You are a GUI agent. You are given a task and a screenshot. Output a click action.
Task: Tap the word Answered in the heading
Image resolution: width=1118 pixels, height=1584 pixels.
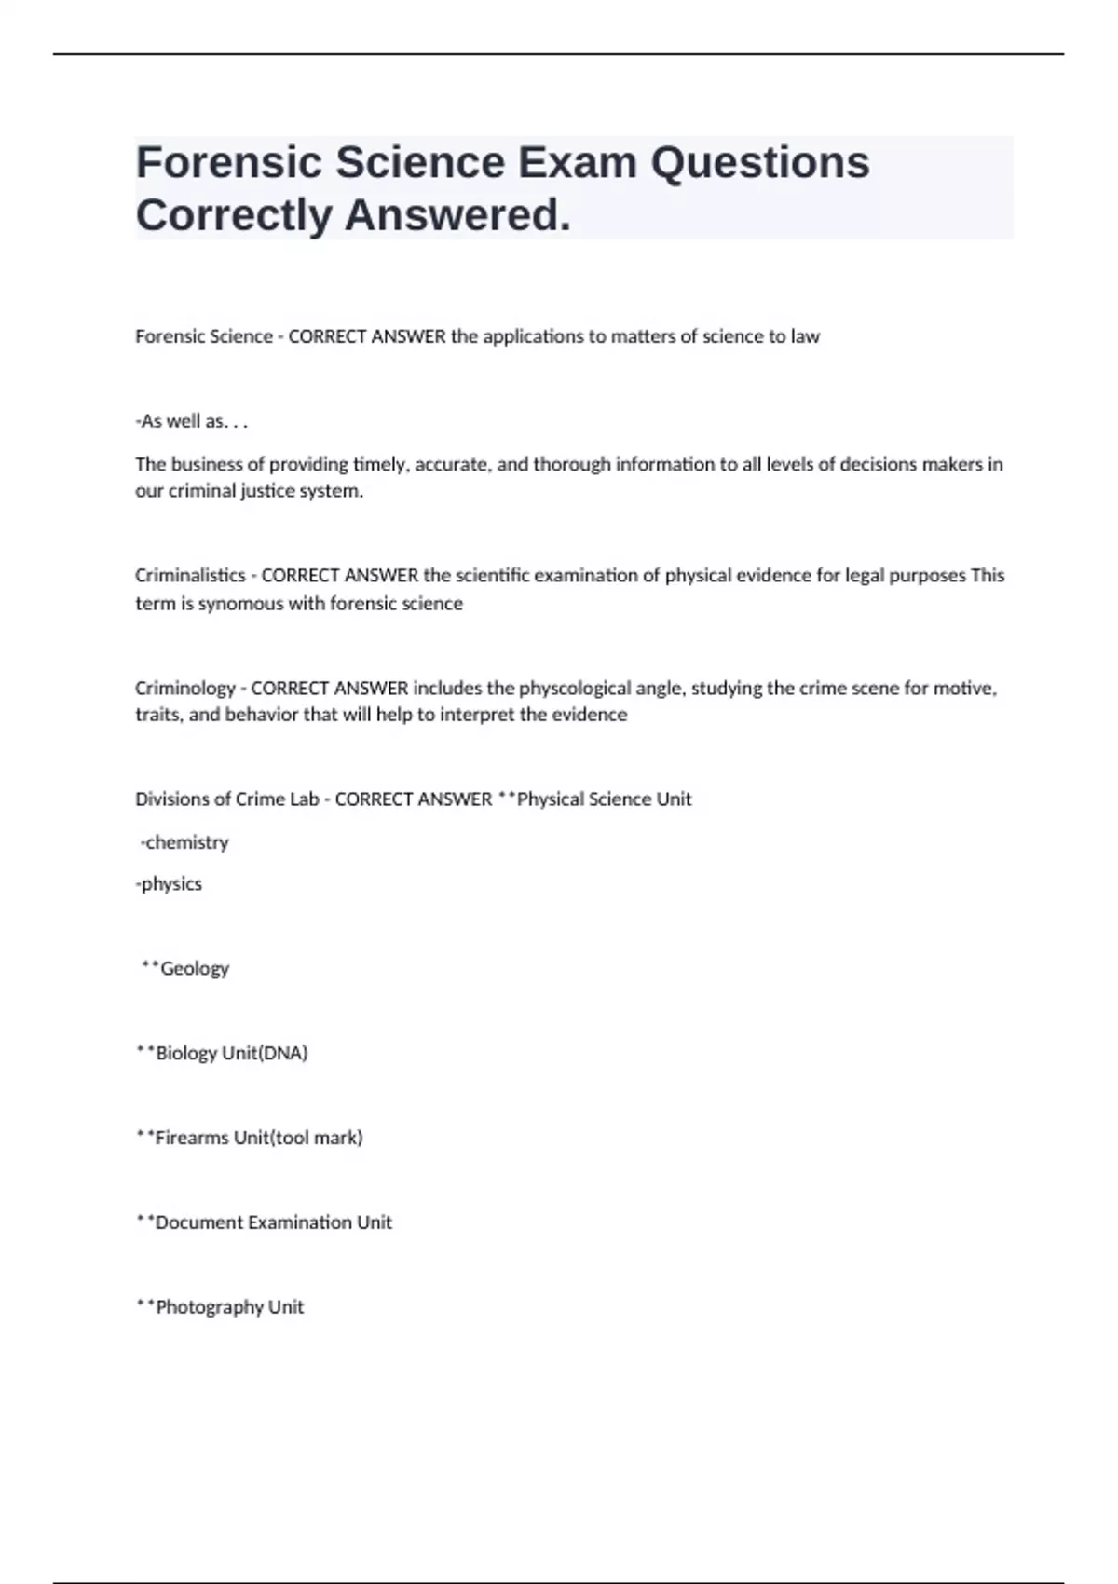pyautogui.click(x=457, y=215)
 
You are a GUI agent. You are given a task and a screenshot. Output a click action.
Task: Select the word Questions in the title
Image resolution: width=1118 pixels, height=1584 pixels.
pyautogui.click(x=760, y=163)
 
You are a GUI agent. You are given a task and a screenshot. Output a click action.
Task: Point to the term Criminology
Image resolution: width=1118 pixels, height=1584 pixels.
pyautogui.click(x=185, y=689)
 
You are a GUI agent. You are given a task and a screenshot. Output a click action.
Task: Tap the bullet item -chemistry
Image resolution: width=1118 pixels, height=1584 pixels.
pyautogui.click(x=184, y=842)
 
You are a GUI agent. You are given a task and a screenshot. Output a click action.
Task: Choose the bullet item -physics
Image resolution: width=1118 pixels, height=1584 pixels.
pyautogui.click(x=169, y=884)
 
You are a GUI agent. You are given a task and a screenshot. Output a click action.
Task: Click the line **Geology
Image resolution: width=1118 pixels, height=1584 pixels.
pyautogui.click(x=185, y=969)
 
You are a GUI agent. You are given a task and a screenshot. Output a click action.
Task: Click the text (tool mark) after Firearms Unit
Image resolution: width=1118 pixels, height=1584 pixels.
pyautogui.click(x=316, y=1138)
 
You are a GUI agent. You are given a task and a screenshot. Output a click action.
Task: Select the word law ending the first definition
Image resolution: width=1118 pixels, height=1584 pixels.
pyautogui.click(x=805, y=336)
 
